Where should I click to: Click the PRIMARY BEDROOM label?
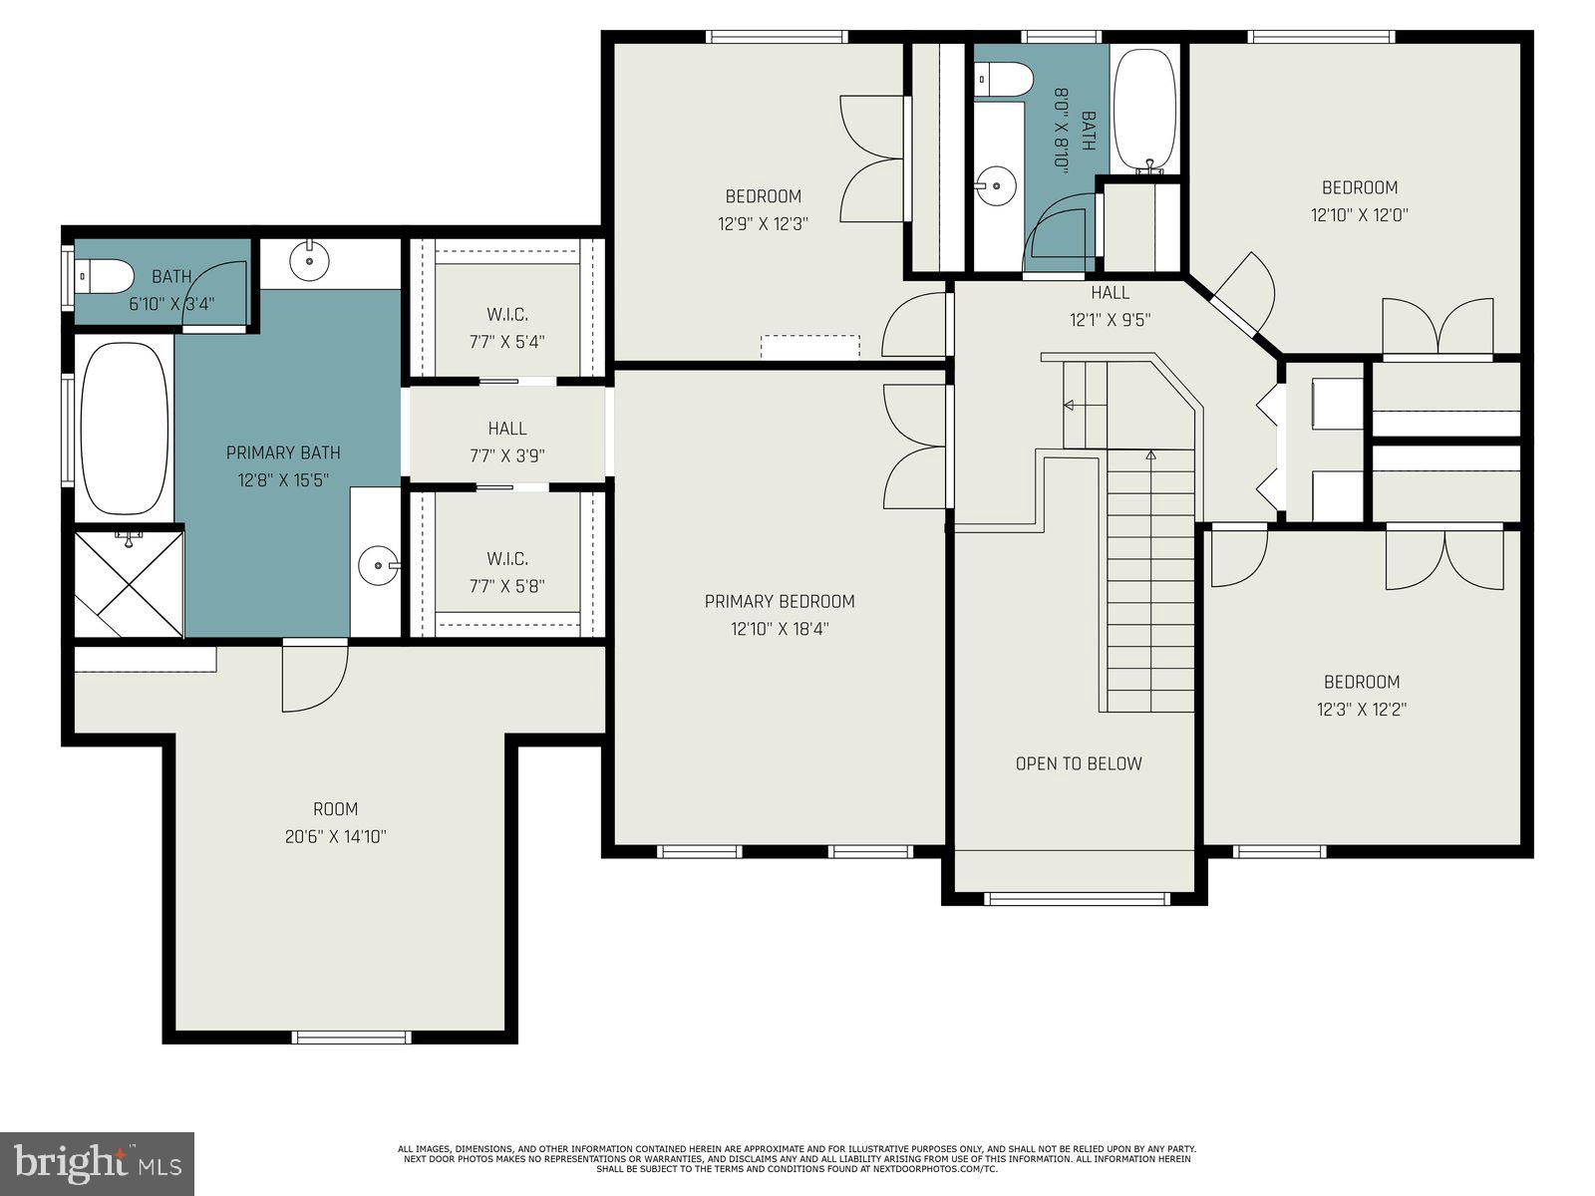[x=780, y=601]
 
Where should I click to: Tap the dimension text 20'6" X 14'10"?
[x=335, y=837]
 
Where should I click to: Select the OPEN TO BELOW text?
[x=1079, y=763]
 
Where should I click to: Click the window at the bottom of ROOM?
[x=351, y=1038]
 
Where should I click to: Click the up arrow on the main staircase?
[x=1150, y=455]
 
